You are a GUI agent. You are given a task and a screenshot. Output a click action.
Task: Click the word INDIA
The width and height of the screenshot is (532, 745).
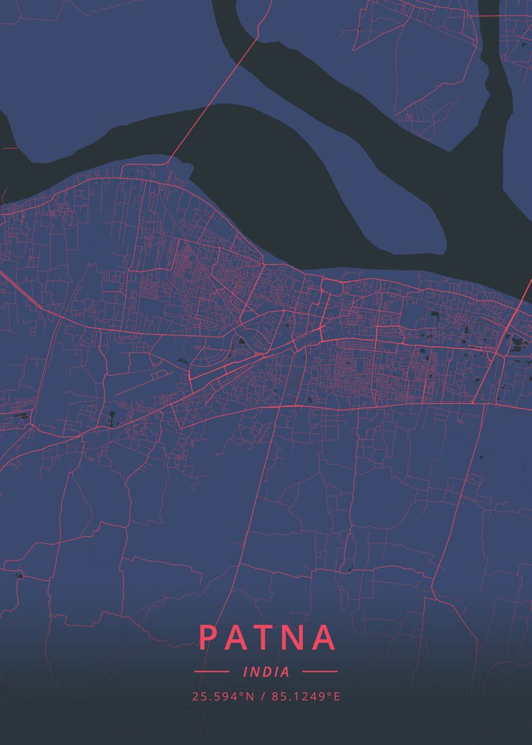pos(267,672)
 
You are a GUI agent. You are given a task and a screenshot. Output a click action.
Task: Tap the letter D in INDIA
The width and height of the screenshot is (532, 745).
pos(268,672)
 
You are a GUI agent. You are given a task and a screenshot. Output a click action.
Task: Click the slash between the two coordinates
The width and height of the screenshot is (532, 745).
pos(263,697)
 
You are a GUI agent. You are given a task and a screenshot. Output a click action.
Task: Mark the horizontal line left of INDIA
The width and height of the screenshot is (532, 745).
pos(212,672)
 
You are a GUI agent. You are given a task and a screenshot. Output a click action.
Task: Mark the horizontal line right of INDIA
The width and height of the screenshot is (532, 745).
pos(319,672)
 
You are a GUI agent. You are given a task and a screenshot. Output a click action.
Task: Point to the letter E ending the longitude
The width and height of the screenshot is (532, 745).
pos(337,697)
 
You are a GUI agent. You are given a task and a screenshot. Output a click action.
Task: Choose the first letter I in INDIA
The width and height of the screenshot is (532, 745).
pos(246,672)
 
